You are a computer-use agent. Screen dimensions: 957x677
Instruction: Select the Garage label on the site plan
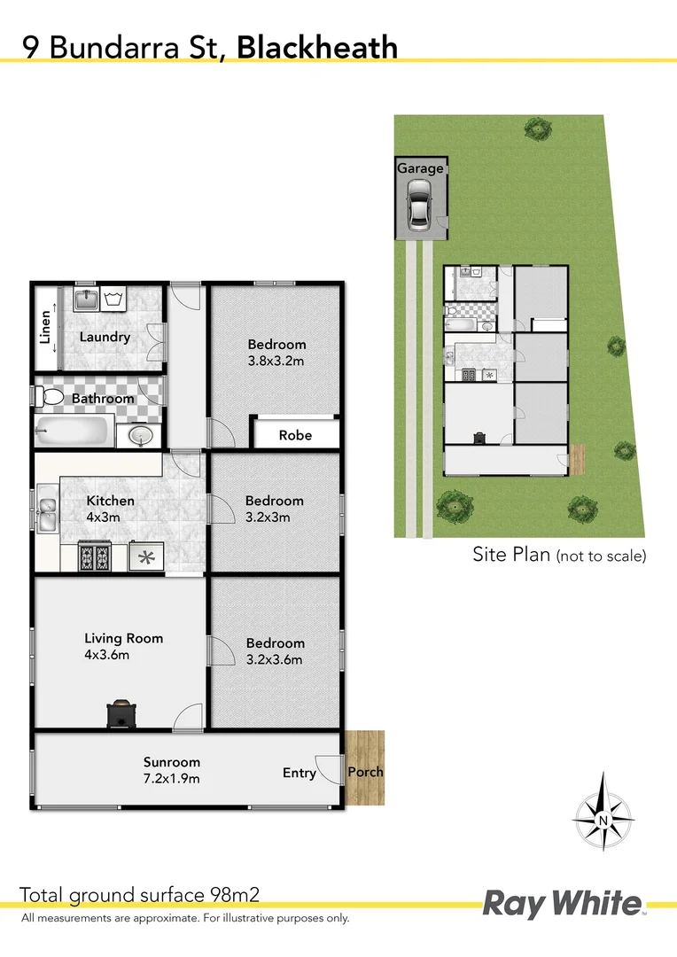coord(420,168)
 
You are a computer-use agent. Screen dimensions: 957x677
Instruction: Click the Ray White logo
coord(562,904)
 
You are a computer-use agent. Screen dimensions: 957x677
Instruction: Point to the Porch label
coord(365,772)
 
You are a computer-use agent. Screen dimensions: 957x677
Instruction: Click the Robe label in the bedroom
coord(295,435)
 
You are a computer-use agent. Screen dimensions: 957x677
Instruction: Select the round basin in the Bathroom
coord(139,435)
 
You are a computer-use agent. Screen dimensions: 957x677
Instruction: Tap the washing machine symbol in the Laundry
coord(113,297)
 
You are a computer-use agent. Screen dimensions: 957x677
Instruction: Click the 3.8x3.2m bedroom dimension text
coord(276,361)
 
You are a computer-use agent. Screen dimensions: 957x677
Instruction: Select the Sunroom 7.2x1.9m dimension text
coord(172,779)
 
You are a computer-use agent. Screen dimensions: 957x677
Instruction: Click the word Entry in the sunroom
coord(300,773)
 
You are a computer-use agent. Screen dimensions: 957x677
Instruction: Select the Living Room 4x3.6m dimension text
coord(107,656)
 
